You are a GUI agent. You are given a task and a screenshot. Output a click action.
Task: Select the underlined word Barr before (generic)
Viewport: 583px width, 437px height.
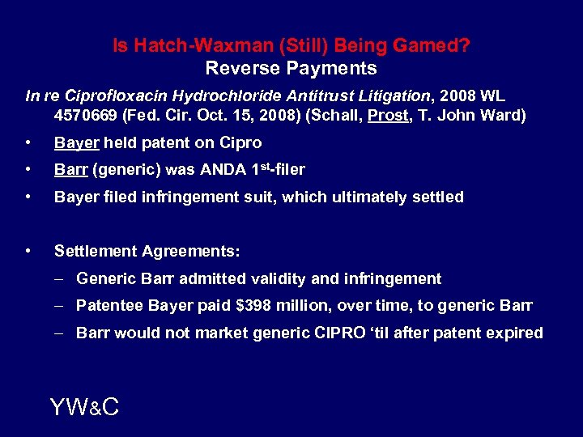70,170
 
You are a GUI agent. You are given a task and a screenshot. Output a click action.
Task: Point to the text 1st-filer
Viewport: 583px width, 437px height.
276,170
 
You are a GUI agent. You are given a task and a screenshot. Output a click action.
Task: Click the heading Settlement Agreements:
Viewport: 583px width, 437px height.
147,252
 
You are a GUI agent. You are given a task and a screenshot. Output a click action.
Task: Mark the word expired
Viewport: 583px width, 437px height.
515,333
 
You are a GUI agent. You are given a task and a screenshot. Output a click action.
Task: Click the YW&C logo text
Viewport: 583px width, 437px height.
84,407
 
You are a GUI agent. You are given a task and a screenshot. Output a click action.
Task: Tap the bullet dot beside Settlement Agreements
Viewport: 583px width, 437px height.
29,252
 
